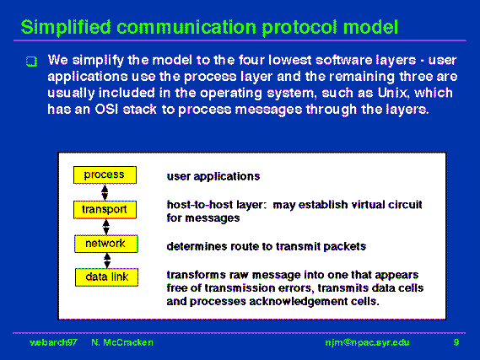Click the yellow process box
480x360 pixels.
tap(105, 175)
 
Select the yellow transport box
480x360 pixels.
tap(105, 210)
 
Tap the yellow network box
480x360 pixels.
tap(106, 244)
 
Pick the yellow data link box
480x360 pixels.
tap(106, 277)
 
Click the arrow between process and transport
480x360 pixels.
tap(105, 192)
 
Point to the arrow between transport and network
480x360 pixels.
tap(106, 227)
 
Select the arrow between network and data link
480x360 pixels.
tap(107, 261)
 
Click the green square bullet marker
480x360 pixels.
tap(31, 62)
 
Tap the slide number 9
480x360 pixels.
tap(456, 342)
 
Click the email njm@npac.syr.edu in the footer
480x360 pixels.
tap(367, 342)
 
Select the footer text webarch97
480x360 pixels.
tap(53, 342)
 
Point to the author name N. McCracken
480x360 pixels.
tap(122, 342)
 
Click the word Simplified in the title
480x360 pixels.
tap(66, 28)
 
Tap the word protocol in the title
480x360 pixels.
tap(299, 28)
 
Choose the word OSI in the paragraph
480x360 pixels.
tap(106, 109)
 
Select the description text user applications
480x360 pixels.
tap(213, 176)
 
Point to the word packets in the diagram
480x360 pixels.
tap(345, 246)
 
